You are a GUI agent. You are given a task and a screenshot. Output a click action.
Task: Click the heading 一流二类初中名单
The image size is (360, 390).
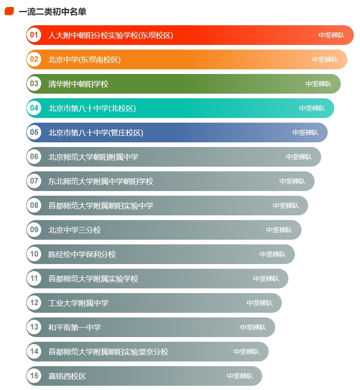pyautogui.click(x=52, y=12)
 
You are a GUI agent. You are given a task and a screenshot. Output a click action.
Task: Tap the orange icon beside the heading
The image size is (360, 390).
pyautogui.click(x=9, y=11)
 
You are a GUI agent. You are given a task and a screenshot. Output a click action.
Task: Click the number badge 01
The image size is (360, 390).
pyautogui.click(x=34, y=35)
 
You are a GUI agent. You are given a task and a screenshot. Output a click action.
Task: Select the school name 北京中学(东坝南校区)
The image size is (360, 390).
pyautogui.click(x=85, y=59)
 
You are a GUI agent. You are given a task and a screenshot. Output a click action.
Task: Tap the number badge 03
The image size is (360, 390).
pyautogui.click(x=34, y=84)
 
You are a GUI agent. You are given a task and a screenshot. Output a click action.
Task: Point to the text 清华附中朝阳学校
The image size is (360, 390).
pyautogui.click(x=78, y=84)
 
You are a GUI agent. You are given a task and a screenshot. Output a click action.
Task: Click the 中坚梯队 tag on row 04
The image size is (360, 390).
pyautogui.click(x=312, y=108)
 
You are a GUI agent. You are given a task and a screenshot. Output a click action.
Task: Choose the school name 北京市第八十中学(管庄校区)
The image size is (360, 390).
pyautogui.click(x=96, y=132)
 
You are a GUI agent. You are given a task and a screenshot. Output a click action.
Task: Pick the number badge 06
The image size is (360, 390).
pyautogui.click(x=34, y=157)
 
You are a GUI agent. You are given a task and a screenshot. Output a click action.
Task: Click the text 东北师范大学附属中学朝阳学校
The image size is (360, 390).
pyautogui.click(x=101, y=181)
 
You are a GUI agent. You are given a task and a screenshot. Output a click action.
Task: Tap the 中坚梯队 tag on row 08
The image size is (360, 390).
pyautogui.click(x=286, y=206)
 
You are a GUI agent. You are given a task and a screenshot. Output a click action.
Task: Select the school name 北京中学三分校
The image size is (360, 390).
pyautogui.click(x=74, y=230)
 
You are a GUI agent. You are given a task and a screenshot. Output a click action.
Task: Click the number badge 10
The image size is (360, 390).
pyautogui.click(x=34, y=254)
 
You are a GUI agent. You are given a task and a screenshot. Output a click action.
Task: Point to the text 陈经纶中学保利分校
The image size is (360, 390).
pyautogui.click(x=82, y=254)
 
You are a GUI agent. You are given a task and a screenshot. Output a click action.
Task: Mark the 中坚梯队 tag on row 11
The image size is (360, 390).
pyautogui.click(x=266, y=279)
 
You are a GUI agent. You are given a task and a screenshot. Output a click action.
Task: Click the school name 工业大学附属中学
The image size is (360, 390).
pyautogui.click(x=78, y=303)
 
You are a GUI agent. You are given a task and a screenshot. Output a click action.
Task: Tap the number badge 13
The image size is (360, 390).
pyautogui.click(x=34, y=327)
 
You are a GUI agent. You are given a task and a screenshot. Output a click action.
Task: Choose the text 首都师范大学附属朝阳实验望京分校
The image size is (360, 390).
pyautogui.click(x=108, y=352)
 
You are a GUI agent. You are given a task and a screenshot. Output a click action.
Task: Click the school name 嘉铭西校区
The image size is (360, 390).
pyautogui.click(x=67, y=376)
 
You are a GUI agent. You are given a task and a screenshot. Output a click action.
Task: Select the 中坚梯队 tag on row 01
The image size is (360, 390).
pyautogui.click(x=331, y=35)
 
